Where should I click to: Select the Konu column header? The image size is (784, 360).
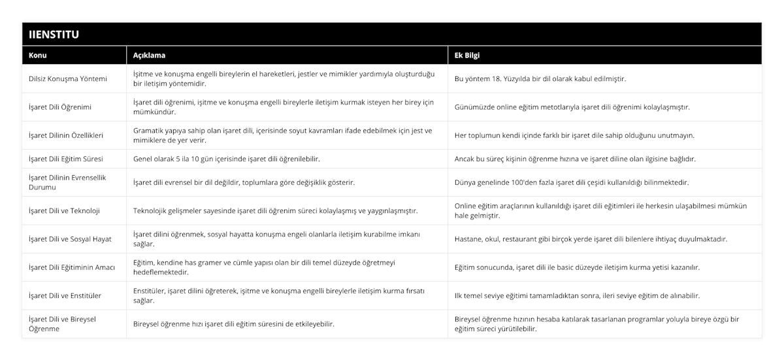pyautogui.click(x=38, y=55)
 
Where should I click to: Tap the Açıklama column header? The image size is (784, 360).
pyautogui.click(x=149, y=55)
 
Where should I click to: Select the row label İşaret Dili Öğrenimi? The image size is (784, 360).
pyautogui.click(x=60, y=107)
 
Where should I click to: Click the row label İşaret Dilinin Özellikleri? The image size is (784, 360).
pyautogui.click(x=66, y=135)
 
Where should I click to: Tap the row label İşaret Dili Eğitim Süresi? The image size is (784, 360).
pyautogui.click(x=65, y=159)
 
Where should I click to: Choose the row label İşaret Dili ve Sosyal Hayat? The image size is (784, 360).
pyautogui.click(x=70, y=239)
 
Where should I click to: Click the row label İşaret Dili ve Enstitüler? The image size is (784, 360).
pyautogui.click(x=65, y=295)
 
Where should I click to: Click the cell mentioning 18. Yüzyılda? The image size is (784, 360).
pyautogui.click(x=540, y=79)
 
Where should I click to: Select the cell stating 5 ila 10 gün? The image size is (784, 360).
pyautogui.click(x=226, y=159)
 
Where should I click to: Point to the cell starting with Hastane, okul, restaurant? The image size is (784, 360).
pyautogui.click(x=591, y=239)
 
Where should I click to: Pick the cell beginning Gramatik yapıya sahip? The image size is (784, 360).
pyautogui.click(x=283, y=135)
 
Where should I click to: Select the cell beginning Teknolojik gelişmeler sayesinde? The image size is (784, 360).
pyautogui.click(x=275, y=210)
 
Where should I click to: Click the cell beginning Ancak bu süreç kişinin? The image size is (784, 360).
pyautogui.click(x=575, y=159)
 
